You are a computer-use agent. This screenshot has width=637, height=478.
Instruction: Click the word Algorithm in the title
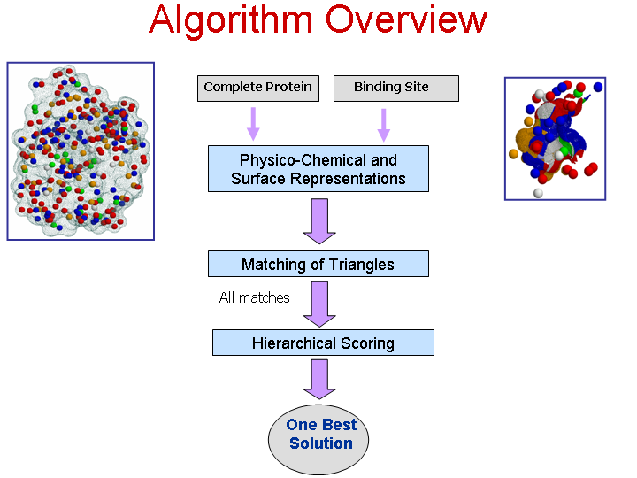click(x=231, y=20)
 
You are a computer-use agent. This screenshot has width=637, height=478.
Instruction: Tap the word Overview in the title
click(x=406, y=19)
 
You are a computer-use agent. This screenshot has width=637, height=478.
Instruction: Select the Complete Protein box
click(x=258, y=89)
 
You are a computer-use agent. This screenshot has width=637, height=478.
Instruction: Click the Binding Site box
click(x=396, y=89)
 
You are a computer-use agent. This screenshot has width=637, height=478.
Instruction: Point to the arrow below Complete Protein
click(x=254, y=124)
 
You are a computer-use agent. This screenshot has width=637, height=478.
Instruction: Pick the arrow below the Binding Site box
click(x=383, y=125)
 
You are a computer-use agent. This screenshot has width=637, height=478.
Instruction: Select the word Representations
click(x=348, y=179)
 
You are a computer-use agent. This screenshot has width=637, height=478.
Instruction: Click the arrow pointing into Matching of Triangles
click(x=319, y=221)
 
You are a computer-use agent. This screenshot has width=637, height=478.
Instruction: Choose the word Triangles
click(x=361, y=265)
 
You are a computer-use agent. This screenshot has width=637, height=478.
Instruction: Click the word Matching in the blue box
click(x=274, y=265)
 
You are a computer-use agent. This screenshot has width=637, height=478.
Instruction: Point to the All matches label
click(x=254, y=298)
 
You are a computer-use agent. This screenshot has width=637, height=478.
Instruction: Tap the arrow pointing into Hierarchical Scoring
click(x=319, y=305)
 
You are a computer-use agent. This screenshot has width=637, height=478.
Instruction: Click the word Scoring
click(x=368, y=343)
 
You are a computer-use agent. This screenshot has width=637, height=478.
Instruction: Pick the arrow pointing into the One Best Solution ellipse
click(x=319, y=379)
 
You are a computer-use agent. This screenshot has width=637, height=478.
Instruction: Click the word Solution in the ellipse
click(x=321, y=443)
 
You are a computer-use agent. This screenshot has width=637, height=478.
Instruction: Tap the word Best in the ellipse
click(x=339, y=425)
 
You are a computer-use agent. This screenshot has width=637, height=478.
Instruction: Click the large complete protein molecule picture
click(x=81, y=151)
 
